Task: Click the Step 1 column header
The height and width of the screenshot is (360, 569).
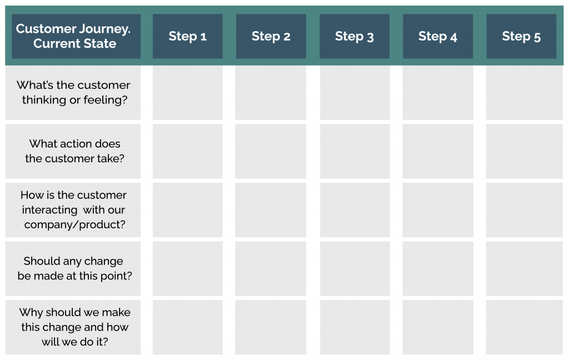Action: (187, 37)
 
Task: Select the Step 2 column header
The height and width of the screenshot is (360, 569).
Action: (271, 37)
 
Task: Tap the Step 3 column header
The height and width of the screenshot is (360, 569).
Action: (354, 37)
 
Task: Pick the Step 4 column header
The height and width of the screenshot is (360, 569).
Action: (438, 37)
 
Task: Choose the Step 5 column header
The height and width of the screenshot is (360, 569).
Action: (521, 37)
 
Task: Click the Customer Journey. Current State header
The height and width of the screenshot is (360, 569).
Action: (73, 37)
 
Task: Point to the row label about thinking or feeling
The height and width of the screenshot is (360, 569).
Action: (73, 93)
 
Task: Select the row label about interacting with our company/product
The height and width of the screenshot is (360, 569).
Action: (73, 210)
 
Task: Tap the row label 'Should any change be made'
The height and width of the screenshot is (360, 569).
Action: (74, 268)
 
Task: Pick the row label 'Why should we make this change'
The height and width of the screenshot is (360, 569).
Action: (74, 327)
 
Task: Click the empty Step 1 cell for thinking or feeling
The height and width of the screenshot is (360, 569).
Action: (187, 93)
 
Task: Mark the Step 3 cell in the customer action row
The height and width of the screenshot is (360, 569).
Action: (355, 151)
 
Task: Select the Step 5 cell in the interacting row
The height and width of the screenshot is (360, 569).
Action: (524, 210)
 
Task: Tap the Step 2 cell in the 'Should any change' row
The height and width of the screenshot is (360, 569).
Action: (271, 268)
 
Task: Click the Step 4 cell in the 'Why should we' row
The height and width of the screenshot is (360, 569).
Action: (438, 327)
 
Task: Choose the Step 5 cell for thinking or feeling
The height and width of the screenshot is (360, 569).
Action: (524, 93)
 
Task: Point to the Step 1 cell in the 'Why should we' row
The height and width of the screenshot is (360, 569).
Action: (187, 327)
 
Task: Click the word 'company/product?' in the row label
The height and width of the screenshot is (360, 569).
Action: (74, 225)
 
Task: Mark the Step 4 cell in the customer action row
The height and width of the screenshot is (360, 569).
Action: (438, 151)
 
